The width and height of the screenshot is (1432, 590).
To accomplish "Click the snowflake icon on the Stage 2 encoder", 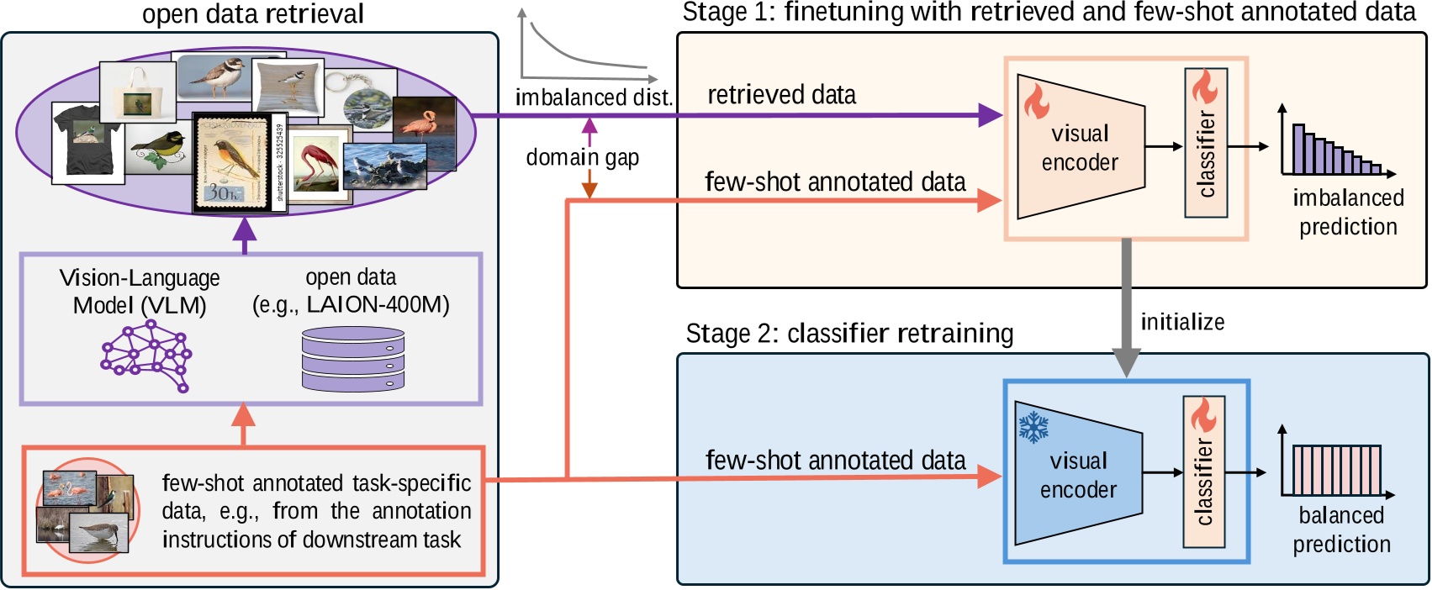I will (1033, 426).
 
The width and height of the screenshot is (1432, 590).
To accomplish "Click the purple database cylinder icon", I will (353, 359).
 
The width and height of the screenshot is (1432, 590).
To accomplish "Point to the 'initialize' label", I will (1182, 322).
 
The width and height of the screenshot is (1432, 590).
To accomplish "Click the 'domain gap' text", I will (582, 157).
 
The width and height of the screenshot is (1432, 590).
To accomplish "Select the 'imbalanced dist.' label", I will (594, 97).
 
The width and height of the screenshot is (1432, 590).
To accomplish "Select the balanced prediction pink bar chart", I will (1335, 471).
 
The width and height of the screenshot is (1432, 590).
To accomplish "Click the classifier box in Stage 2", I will (1203, 472).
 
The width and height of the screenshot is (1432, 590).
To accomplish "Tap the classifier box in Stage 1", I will (1206, 143).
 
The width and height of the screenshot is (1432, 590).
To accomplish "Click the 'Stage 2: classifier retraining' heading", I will (849, 334).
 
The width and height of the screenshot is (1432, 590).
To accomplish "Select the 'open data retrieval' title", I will (253, 14).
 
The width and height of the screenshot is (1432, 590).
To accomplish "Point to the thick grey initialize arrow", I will (1126, 307).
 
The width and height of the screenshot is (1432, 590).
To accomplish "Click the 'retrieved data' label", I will (781, 95).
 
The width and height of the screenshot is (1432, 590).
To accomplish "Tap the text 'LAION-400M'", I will (378, 304).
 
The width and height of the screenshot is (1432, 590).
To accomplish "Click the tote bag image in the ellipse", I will (137, 92).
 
